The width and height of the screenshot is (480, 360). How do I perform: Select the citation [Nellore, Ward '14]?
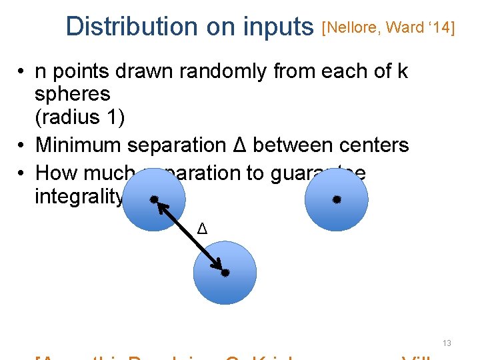pyautogui.click(x=388, y=27)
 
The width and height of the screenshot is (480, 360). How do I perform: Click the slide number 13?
pyautogui.click(x=447, y=343)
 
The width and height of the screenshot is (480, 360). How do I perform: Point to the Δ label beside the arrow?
pyautogui.click(x=203, y=230)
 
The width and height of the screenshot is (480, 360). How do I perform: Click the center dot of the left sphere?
pyautogui.click(x=154, y=199)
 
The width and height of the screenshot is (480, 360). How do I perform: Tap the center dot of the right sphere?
pyautogui.click(x=337, y=199)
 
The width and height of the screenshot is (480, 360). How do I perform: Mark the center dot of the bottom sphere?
pyautogui.click(x=225, y=273)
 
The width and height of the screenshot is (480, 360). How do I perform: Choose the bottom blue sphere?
pyautogui.click(x=225, y=280)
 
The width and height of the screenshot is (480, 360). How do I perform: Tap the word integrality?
pyautogui.click(x=79, y=197)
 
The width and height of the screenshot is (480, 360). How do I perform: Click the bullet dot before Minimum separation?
pyautogui.click(x=22, y=145)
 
